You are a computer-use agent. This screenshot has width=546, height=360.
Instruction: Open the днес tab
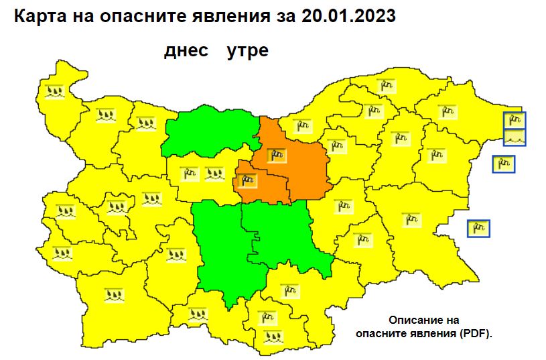187,51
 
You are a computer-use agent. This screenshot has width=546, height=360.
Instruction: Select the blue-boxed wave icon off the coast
515,137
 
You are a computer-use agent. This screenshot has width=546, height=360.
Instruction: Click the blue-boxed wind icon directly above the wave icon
515,121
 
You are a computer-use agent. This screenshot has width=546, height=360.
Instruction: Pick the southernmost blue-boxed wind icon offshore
478,229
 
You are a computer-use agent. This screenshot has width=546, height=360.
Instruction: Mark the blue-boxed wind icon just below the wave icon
503,164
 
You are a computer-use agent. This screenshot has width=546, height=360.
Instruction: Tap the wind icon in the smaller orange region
248,180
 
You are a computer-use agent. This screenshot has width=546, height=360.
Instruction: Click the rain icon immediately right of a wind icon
214,174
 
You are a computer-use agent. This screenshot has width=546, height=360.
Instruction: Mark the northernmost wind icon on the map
385,85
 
